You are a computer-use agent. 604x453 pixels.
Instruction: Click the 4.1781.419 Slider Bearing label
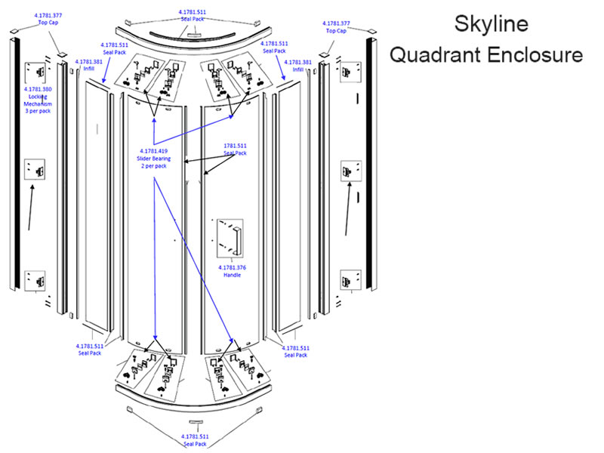tap(155, 159)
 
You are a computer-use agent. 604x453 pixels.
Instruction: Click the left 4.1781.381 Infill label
tap(88, 65)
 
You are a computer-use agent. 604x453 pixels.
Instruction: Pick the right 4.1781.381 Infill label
tap(298, 65)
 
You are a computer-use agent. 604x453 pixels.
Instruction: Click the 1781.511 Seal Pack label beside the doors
tap(235, 149)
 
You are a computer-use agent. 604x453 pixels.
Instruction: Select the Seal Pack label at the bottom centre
tap(194, 440)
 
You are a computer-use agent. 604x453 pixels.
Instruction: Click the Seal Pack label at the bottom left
tap(89, 350)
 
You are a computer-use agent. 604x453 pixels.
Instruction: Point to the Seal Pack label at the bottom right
tap(295, 351)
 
